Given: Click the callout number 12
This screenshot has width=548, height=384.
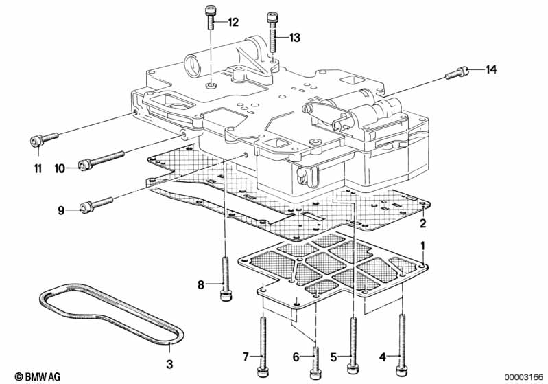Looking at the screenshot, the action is [x=233, y=23].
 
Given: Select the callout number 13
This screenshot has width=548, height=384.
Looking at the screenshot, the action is [x=295, y=38].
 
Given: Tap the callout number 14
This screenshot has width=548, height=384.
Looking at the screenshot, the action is [x=490, y=69].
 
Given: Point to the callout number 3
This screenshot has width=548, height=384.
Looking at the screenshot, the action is [x=169, y=364].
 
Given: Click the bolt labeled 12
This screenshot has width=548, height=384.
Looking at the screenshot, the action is [x=210, y=18].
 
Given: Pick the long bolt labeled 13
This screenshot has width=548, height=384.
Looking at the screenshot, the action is [x=272, y=32].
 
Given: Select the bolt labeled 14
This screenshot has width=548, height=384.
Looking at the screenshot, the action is [x=457, y=72].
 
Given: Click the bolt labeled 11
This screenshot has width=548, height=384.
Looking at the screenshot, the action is [x=43, y=139].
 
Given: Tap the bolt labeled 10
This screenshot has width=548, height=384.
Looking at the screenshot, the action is [x=102, y=159].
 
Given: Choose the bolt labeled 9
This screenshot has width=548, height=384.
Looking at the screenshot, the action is [x=97, y=205].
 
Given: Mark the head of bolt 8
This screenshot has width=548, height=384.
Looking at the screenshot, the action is [x=226, y=296].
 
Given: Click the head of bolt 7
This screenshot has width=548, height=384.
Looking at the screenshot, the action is [x=263, y=372].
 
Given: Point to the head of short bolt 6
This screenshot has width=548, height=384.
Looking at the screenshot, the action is [x=315, y=373].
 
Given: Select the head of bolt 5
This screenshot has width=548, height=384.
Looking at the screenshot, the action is [x=353, y=369].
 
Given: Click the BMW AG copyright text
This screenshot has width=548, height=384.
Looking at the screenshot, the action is [x=38, y=376].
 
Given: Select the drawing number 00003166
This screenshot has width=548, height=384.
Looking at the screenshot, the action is [x=523, y=377].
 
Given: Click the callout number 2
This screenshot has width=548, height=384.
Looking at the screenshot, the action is [x=423, y=223].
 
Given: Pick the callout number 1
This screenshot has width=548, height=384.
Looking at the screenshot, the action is [x=423, y=246].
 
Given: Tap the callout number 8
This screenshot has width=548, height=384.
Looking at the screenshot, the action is [x=200, y=285].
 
